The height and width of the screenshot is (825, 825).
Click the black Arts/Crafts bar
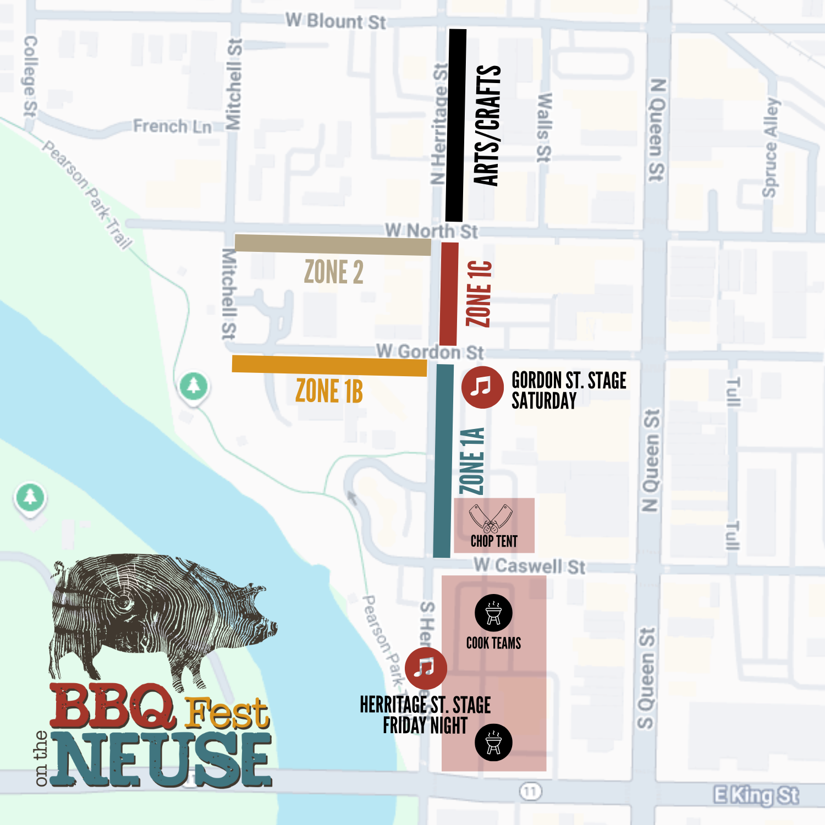(455, 125)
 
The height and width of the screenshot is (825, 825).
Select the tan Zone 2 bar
(333, 245)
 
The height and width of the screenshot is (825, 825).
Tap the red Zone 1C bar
(449, 294)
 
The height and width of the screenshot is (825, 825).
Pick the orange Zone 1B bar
(329, 366)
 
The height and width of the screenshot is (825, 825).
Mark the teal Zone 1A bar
(443, 461)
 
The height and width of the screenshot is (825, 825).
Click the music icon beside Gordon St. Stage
(482, 387)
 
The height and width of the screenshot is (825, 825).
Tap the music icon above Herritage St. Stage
(425, 668)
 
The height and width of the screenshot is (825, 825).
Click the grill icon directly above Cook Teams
(493, 613)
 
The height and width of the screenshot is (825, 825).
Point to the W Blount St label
(335, 21)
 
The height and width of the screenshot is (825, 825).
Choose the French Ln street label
(172, 127)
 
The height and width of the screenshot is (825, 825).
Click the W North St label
(431, 230)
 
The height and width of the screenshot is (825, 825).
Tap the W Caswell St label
(529, 566)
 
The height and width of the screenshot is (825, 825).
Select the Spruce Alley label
(771, 147)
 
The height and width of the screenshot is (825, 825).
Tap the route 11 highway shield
(530, 791)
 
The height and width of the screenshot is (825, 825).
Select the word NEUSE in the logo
(162, 760)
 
